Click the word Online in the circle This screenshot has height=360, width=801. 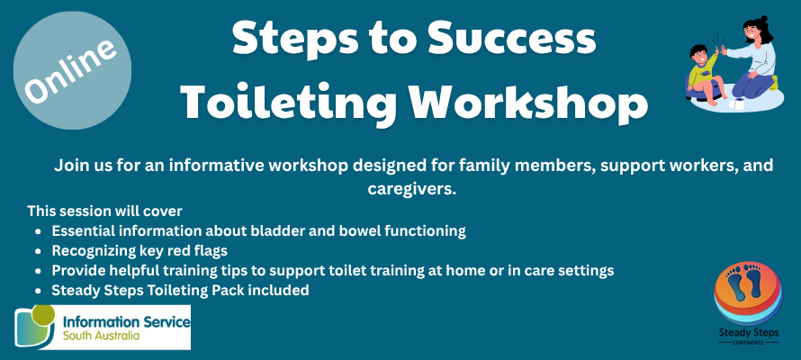pyautogui.click(x=71, y=70)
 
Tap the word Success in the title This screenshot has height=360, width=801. pyautogui.click(x=512, y=40)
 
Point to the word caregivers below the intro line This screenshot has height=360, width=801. pyautogui.click(x=411, y=189)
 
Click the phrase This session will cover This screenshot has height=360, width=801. pyautogui.click(x=104, y=211)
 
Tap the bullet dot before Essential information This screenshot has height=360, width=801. pyautogui.click(x=38, y=232)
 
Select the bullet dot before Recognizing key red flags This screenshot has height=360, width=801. pyautogui.click(x=38, y=252)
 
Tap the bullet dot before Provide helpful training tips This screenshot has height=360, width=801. pyautogui.click(x=38, y=271)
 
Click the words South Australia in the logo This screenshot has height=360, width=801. pyautogui.click(x=101, y=337)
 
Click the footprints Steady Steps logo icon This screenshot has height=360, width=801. pyautogui.click(x=748, y=292)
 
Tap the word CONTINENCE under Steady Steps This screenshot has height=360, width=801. pyautogui.click(x=749, y=343)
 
